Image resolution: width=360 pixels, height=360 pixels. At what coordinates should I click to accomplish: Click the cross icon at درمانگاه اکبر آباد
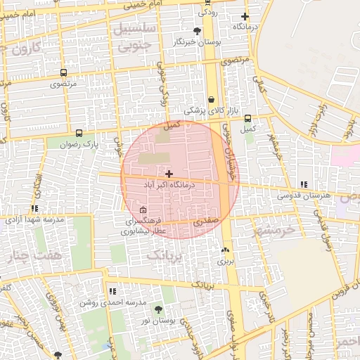point(169,173)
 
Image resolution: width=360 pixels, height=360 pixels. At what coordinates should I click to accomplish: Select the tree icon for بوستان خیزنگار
point(196,30)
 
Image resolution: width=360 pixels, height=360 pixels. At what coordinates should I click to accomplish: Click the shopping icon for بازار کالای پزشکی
point(211,100)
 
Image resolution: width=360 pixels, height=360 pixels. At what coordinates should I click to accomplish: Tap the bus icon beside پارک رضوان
point(79,132)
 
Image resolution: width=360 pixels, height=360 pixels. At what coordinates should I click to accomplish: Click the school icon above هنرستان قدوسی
point(303,184)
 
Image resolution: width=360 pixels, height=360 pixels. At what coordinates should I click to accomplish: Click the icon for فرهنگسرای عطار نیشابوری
point(143,210)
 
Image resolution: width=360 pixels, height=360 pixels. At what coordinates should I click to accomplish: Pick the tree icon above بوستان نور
point(157,309)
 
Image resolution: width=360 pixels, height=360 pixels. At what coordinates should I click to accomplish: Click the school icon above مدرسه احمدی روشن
point(112,290)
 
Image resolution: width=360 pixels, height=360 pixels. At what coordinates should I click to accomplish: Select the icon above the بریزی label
point(225,250)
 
